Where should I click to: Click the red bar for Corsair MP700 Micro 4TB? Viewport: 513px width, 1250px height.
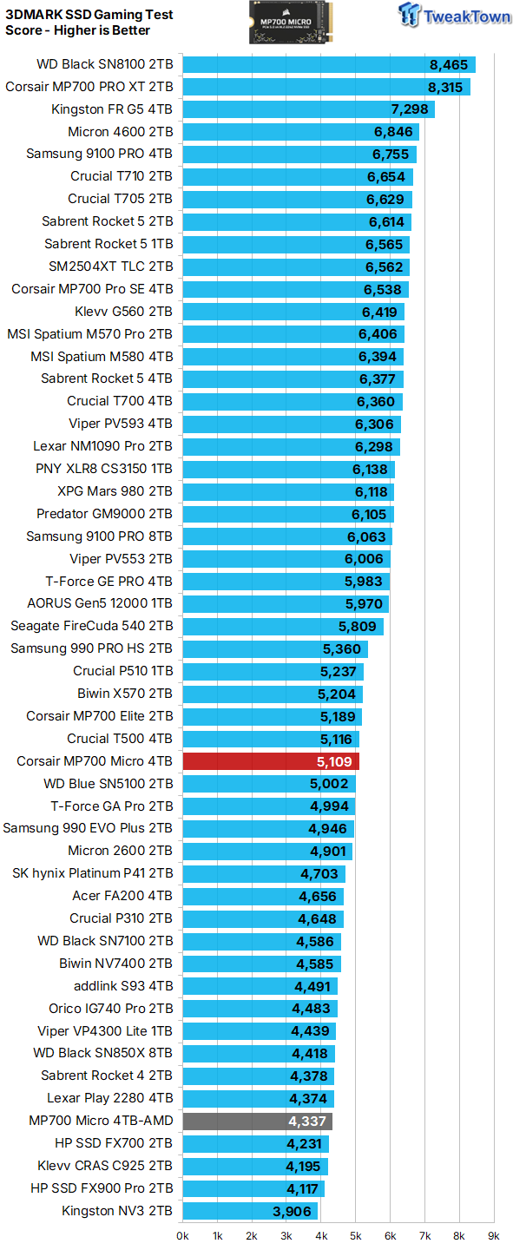[x=270, y=761]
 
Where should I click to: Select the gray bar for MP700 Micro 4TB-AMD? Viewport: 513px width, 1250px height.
[x=257, y=1121]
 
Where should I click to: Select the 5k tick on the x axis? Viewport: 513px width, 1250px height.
[x=356, y=1235]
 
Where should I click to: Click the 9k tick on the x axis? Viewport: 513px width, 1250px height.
[x=494, y=1235]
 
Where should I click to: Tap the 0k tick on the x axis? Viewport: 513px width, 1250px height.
[x=183, y=1235]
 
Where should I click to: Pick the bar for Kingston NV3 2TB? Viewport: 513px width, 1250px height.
[x=250, y=1211]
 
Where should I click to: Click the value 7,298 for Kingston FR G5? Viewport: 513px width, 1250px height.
[x=409, y=109]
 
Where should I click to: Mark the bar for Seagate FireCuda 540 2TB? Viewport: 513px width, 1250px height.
[x=282, y=626]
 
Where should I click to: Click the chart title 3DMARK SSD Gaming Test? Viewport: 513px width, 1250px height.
[x=89, y=15]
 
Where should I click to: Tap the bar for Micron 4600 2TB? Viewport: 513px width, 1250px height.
[x=300, y=132]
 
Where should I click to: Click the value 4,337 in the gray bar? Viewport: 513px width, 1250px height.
[x=308, y=1121]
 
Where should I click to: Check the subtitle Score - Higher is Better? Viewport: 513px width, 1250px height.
[x=77, y=30]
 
